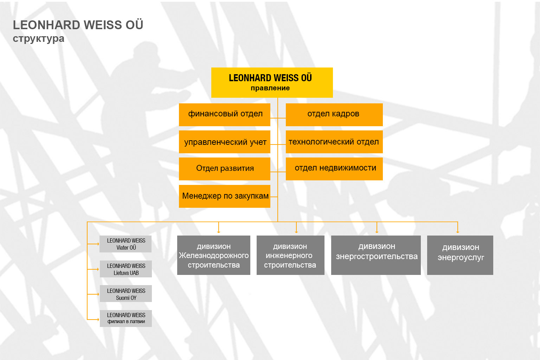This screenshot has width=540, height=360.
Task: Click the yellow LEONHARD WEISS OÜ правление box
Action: [x=272, y=83]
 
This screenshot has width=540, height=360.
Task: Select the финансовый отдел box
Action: [x=225, y=115]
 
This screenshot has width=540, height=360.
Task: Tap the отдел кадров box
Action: [x=334, y=115]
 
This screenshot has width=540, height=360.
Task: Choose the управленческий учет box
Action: [x=225, y=142]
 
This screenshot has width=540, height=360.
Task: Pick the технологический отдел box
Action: [x=334, y=142]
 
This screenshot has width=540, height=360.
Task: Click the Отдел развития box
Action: [x=225, y=169]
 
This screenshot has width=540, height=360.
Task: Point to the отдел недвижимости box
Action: [x=334, y=169]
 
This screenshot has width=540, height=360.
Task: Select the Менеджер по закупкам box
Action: [x=225, y=196]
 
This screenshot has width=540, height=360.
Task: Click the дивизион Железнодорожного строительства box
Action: [x=214, y=255]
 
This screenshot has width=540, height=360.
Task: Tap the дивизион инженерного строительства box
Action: [x=290, y=255]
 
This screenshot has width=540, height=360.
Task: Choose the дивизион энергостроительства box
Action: [x=376, y=255]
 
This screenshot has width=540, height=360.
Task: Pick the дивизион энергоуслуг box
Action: [x=460, y=255]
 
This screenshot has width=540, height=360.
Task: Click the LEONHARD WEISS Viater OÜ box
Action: [x=126, y=244]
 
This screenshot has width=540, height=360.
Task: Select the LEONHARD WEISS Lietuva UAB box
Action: [x=126, y=269]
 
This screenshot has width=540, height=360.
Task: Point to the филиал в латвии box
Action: [x=126, y=319]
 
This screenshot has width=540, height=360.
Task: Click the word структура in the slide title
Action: [x=39, y=39]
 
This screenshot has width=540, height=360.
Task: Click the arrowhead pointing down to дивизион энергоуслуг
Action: [x=458, y=232]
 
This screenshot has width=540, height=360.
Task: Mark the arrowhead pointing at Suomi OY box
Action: [x=98, y=294]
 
